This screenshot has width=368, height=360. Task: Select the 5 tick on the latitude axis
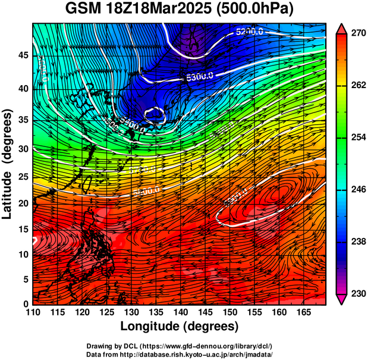click(x=25, y=278)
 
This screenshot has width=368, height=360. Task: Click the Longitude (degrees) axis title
click(x=180, y=326)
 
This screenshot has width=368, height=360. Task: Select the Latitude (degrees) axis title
click(x=8, y=164)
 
